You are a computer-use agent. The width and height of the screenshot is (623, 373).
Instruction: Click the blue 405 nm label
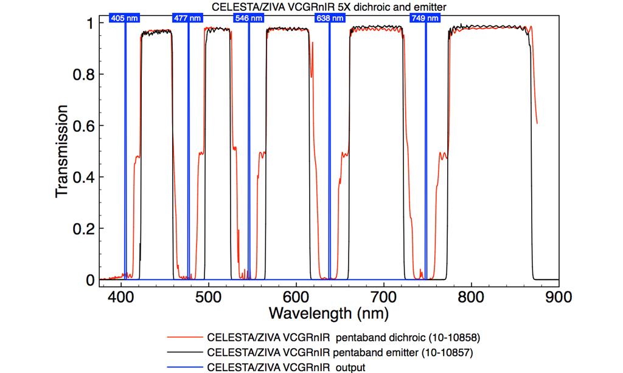(x=125, y=18)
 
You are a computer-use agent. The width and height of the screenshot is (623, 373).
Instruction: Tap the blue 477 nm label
(x=187, y=18)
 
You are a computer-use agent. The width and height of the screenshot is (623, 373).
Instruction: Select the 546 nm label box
(x=249, y=18)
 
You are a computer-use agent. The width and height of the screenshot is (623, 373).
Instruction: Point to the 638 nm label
(x=329, y=18)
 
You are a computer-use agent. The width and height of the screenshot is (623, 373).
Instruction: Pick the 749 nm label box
(x=425, y=18)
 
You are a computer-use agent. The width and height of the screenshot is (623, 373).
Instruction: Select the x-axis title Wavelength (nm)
(x=329, y=313)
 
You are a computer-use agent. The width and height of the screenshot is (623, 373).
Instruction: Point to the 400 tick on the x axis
(x=122, y=296)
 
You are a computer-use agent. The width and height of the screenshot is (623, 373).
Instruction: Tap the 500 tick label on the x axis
(x=209, y=296)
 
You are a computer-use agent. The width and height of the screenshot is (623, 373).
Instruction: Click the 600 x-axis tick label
(x=296, y=296)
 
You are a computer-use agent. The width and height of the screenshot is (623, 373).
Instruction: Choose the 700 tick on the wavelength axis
(x=384, y=296)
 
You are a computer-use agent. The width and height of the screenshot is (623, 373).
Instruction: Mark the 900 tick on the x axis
(x=558, y=296)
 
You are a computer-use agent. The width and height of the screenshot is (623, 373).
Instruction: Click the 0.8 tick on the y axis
(x=83, y=74)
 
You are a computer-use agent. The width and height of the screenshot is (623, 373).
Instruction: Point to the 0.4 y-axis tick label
(x=83, y=177)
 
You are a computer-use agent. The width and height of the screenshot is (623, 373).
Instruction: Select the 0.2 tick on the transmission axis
(x=83, y=228)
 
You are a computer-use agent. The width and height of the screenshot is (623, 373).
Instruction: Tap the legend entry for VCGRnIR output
(x=287, y=367)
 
